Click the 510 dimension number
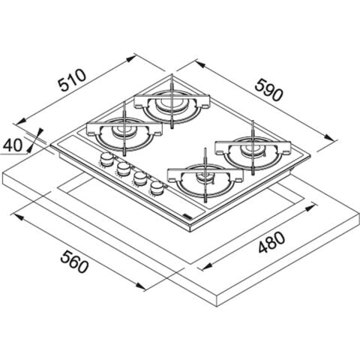click(x=72, y=80)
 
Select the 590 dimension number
click(x=269, y=90)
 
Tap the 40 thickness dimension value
click(x=13, y=145)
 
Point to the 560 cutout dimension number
click(x=74, y=262)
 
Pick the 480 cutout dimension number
click(x=271, y=242)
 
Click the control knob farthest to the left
click(x=106, y=159)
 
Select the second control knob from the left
click(x=123, y=169)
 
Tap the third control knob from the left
click(x=139, y=178)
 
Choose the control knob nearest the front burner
click(x=157, y=187)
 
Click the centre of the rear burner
click(x=172, y=103)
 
